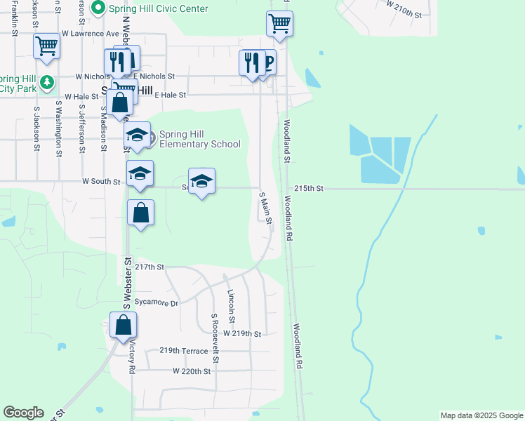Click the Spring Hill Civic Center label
pyautogui.click(x=157, y=8)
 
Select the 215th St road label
pyautogui.click(x=309, y=189)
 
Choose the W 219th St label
pyautogui.click(x=243, y=333)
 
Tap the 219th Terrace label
pyautogui.click(x=184, y=351)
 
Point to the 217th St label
pyautogui.click(x=149, y=267)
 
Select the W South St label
pyautogui.click(x=102, y=181)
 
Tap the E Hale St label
pyautogui.click(x=170, y=94)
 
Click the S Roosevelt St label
pyautogui.click(x=215, y=338)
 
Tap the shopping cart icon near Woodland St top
pyautogui.click(x=279, y=24)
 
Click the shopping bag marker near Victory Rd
pyautogui.click(x=123, y=326)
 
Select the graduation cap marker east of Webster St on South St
pyautogui.click(x=202, y=181)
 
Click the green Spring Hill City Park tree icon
pyautogui.click(x=46, y=83)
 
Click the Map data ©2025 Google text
pyautogui.click(x=481, y=415)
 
